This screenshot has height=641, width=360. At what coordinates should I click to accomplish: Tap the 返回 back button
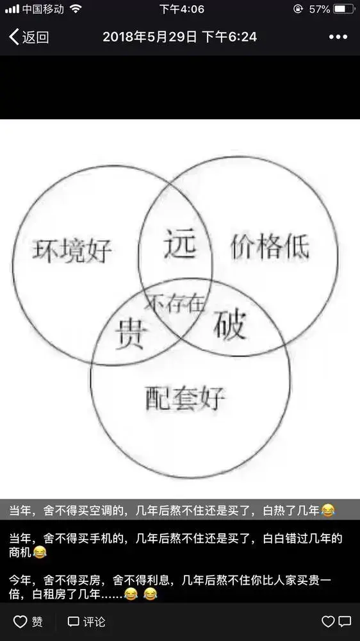29,37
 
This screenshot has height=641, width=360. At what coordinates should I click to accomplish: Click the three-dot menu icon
338,37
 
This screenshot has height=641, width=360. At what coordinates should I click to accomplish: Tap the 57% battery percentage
319,9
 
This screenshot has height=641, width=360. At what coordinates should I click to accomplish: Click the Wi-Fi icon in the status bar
75,8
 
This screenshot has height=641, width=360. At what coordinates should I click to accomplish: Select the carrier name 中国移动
43,9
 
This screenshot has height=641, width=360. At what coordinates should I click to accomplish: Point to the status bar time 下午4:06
181,9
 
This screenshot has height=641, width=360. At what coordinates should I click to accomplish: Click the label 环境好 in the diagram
72,251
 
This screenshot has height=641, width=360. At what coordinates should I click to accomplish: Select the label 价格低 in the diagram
270,247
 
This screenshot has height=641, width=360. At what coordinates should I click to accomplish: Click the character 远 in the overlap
180,244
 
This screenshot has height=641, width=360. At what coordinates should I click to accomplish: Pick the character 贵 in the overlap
131,335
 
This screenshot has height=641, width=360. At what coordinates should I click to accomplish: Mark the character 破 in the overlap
230,325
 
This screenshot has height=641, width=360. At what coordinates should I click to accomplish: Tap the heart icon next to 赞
20,622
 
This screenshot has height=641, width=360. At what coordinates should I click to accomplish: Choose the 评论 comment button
86,622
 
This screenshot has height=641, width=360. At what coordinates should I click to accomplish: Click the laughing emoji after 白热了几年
328,510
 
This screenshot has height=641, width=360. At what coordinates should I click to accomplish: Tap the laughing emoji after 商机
40,553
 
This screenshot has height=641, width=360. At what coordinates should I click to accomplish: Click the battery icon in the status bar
344,9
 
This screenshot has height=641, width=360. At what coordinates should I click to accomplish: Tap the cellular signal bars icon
12,9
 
